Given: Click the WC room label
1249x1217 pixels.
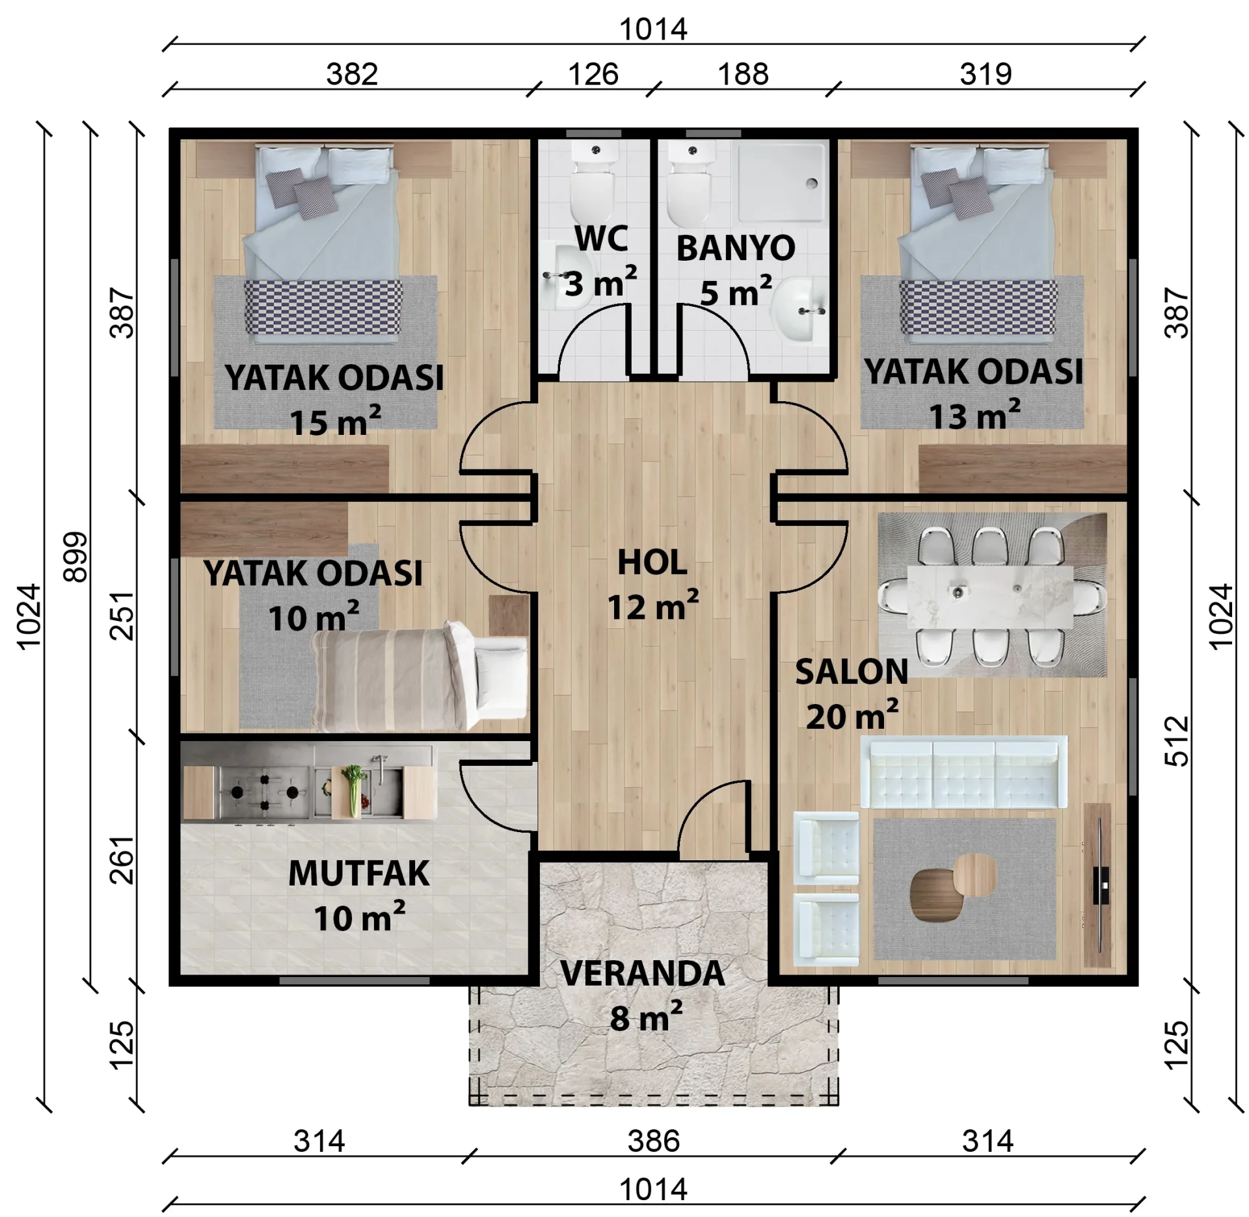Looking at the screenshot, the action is coord(601,239).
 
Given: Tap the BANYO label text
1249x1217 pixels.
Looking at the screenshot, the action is coord(736,248).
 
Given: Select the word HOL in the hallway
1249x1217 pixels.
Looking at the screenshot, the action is coord(652,562).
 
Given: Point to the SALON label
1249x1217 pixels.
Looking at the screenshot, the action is coord(852,672).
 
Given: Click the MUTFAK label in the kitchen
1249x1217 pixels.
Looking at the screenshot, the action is coord(358,873).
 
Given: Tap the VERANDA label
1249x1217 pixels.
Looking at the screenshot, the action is coord(642,973).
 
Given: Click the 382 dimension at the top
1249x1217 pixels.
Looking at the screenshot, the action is coord(352,74).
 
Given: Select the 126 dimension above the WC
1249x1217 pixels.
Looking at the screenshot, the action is coord(593,74).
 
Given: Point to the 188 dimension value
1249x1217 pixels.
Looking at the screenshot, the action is coord(743,74).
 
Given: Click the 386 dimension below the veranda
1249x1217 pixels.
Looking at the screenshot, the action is coord(653,1159).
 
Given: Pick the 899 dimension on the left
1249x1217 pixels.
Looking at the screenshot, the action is coord(75,556).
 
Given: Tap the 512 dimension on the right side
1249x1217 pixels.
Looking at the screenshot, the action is coord(1176,741).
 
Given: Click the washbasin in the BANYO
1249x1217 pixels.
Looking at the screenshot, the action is coord(803,310).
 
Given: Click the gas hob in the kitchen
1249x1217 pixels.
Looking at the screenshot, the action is coord(264,792).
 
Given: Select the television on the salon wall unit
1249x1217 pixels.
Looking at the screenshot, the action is coord(1101,885).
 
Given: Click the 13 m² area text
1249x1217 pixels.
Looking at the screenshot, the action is coord(974,416).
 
